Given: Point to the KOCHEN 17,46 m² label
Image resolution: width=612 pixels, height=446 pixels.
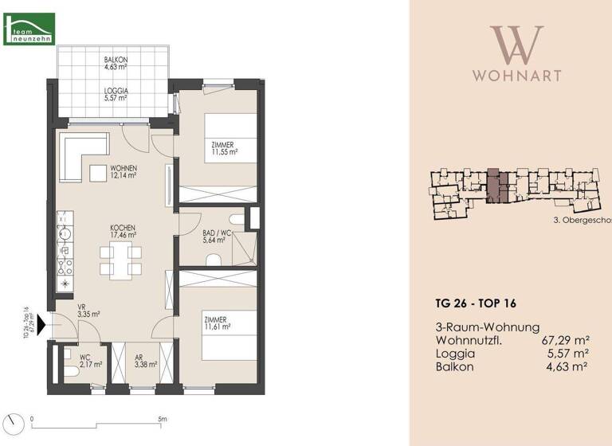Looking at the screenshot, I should tap(124, 232).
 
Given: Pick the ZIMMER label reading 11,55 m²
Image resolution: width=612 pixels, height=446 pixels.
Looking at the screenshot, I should tap(225, 147).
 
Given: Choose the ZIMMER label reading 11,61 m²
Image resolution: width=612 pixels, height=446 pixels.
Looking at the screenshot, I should tap(216, 323).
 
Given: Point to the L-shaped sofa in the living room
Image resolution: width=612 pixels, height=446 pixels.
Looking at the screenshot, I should tap(79, 155).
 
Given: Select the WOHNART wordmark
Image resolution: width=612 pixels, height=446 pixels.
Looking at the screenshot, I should tap(516, 76).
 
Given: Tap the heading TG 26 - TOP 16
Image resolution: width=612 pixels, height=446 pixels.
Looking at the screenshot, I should tap(476, 303).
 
